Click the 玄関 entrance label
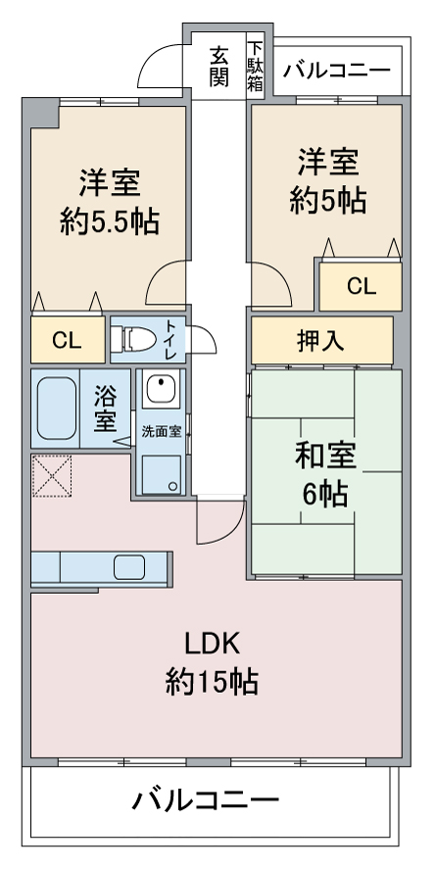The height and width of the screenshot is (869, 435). pyautogui.click(x=218, y=67)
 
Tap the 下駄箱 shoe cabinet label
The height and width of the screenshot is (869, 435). pyautogui.click(x=256, y=67)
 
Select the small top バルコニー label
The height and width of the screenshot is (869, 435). pyautogui.click(x=337, y=72)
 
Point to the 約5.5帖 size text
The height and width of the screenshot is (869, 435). pyautogui.click(x=110, y=221)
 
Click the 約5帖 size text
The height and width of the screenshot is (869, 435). pyautogui.click(x=328, y=201)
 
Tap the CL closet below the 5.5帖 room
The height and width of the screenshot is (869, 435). pyautogui.click(x=67, y=340)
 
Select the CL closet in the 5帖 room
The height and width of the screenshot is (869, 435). pyautogui.click(x=361, y=286)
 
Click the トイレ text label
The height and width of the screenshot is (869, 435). pyautogui.click(x=170, y=338)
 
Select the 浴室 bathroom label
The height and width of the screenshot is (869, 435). pyautogui.click(x=105, y=410)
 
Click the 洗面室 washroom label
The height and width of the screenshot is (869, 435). pyautogui.click(x=160, y=430)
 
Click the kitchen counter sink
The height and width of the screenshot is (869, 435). pyautogui.click(x=129, y=567)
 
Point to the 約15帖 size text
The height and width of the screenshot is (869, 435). pyautogui.click(x=212, y=681)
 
